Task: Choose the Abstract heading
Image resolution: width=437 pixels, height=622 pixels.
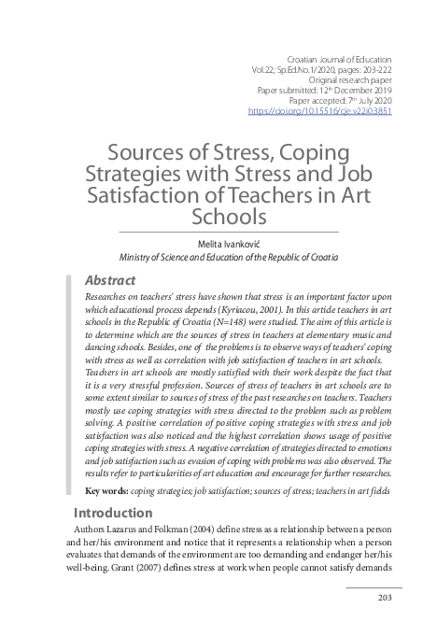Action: point(110,279)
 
